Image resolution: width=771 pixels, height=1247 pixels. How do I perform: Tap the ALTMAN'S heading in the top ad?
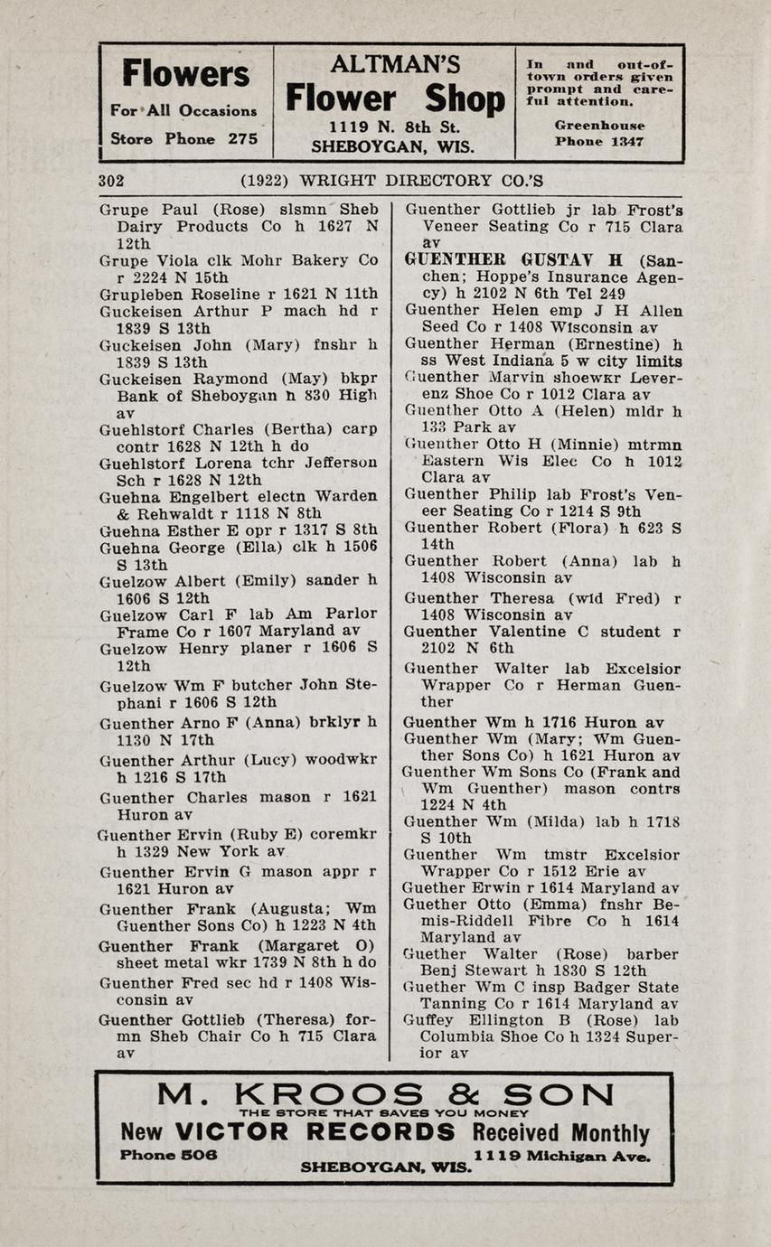(395, 64)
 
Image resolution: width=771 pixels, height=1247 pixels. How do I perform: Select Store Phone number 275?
(241, 139)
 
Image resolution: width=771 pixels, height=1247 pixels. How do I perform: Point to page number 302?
(111, 181)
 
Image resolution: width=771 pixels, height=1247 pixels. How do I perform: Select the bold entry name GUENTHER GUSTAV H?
(513, 259)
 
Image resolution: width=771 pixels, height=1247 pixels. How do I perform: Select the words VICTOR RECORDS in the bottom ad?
(315, 1132)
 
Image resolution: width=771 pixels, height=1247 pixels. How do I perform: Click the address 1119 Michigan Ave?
(561, 1156)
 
